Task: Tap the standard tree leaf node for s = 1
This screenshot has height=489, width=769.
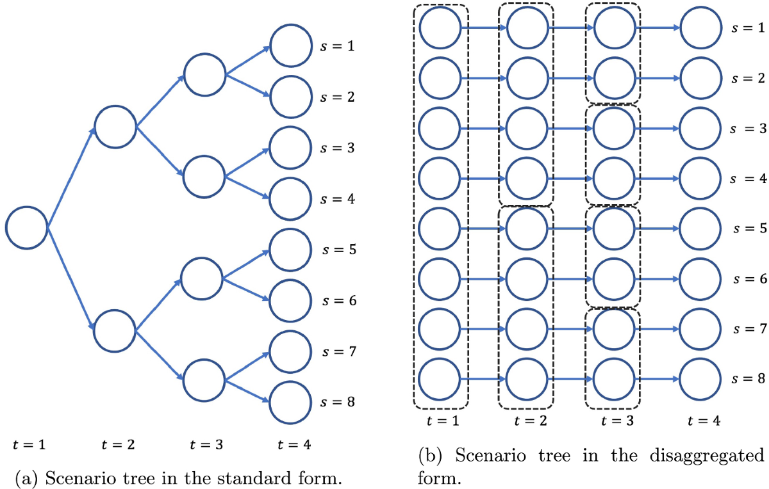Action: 291,46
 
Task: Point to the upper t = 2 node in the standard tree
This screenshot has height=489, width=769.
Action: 115,127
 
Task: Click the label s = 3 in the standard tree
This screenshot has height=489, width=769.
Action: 337,148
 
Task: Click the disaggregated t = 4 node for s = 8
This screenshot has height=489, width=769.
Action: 700,379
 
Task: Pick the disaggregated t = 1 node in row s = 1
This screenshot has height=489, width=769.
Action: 440,28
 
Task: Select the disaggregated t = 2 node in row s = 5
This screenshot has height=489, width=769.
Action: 527,228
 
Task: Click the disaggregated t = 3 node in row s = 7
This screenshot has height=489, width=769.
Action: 614,329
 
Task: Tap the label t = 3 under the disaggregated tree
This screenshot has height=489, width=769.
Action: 614,421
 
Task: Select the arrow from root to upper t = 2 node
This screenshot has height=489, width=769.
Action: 70,177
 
